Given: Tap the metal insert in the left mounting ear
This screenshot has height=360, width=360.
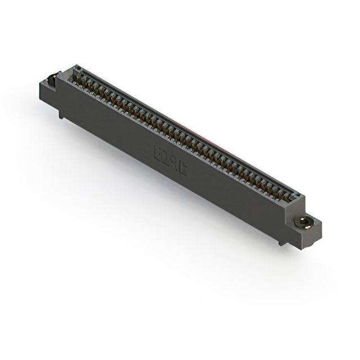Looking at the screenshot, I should (53, 79).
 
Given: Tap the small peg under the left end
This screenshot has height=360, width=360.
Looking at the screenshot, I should (61, 114).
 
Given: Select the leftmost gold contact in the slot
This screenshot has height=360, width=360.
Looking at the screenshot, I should (78, 78).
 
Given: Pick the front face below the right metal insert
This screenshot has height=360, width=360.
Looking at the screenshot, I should (308, 236).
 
